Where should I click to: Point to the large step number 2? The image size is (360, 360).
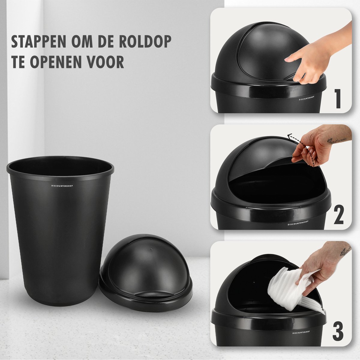point(338,215)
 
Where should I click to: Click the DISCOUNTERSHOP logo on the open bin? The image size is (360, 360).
point(62,186)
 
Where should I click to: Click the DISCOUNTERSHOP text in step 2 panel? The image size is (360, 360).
point(298,223)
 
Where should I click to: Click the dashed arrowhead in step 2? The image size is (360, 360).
point(290,136)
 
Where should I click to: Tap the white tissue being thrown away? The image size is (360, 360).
point(291,289)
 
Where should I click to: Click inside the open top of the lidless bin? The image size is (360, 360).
point(60,168)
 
